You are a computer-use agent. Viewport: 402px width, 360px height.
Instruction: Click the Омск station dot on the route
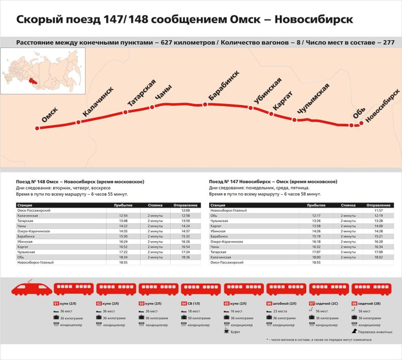(37, 128)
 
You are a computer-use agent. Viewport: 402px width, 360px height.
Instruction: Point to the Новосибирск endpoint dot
(361, 124)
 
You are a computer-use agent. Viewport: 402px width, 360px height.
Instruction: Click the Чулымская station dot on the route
(295, 120)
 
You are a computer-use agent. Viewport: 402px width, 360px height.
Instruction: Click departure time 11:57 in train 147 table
(379, 211)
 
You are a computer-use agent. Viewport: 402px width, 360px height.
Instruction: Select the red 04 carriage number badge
(184, 304)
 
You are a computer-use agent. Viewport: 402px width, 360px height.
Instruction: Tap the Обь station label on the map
(359, 113)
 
